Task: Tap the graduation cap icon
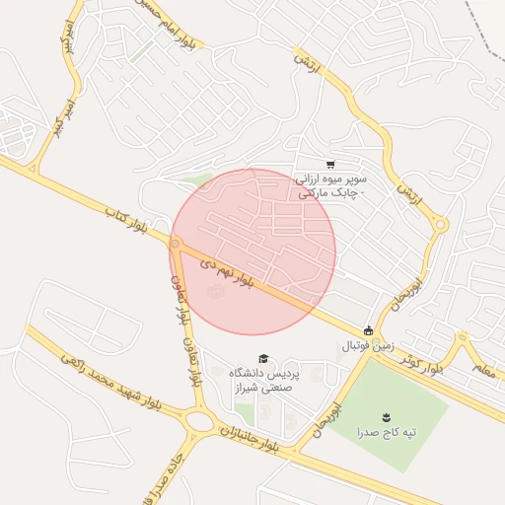(x=262, y=358)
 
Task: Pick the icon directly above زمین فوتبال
(x=369, y=331)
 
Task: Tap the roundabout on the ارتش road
(x=441, y=226)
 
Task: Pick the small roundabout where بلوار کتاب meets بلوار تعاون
(x=177, y=243)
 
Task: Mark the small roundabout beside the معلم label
(x=461, y=339)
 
